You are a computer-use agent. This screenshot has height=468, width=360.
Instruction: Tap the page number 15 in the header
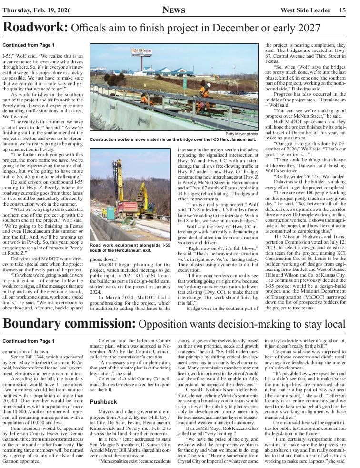click(342, 10)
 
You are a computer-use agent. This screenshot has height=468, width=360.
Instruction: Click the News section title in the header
click(174, 10)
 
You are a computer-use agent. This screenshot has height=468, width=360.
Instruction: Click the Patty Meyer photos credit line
click(241, 134)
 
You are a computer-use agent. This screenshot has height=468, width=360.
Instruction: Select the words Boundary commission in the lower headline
click(69, 324)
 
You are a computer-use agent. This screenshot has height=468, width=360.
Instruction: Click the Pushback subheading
click(103, 402)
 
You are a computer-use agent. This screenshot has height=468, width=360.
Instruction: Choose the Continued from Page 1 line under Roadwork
click(28, 45)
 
